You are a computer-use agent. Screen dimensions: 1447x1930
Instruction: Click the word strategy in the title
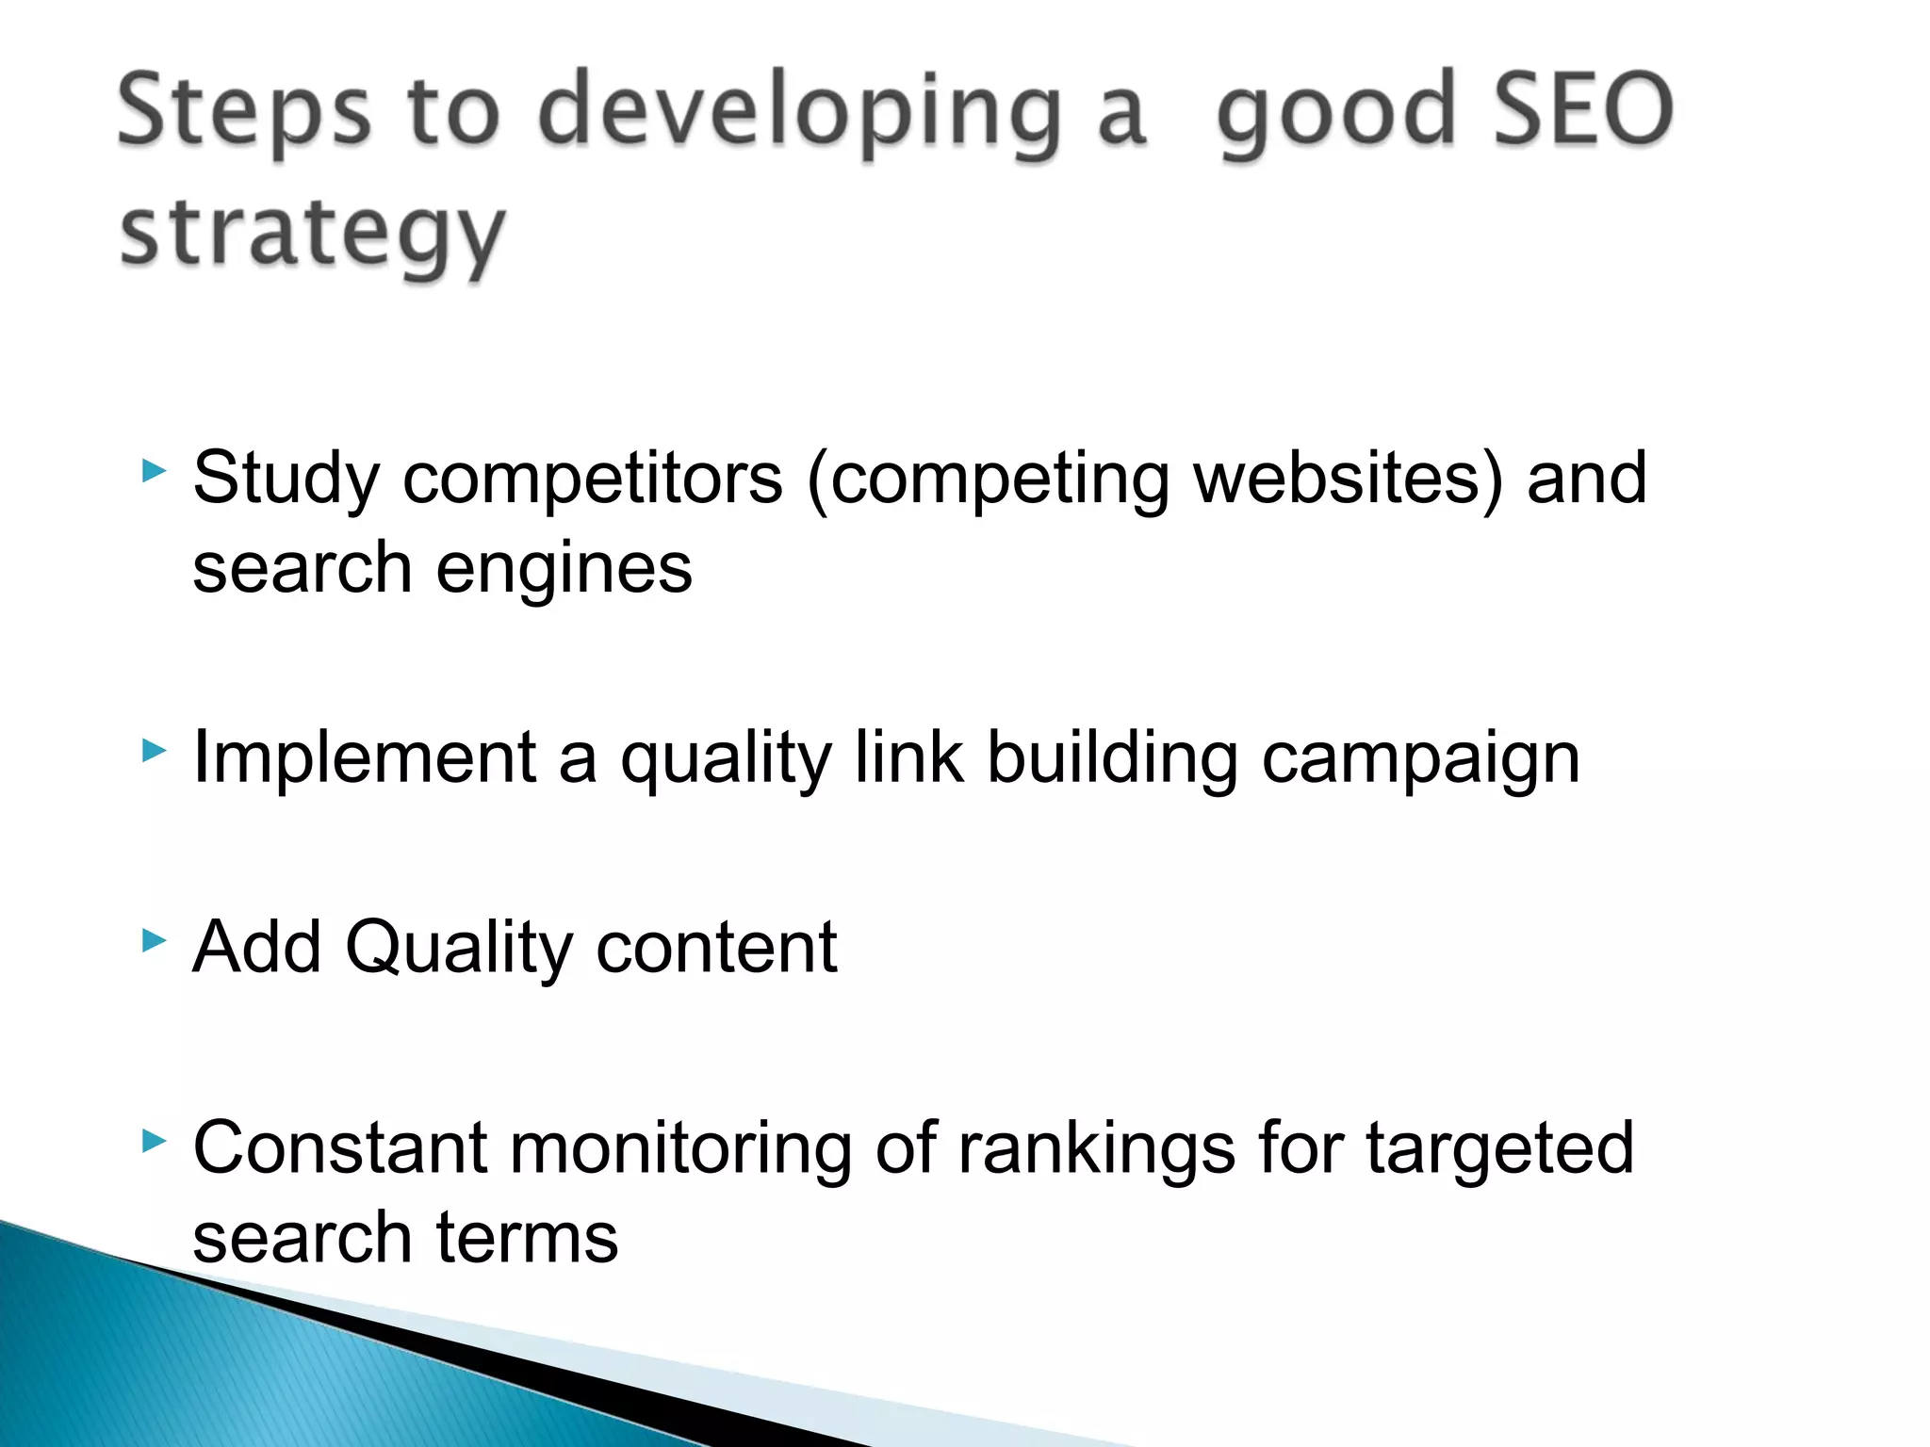pos(313,235)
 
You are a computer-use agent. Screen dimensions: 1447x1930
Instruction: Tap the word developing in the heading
pos(799,113)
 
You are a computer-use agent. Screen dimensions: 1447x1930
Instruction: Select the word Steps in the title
pos(244,113)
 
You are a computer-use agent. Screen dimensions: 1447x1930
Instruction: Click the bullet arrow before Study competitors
pos(154,471)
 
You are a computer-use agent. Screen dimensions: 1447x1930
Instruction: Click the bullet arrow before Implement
pos(154,751)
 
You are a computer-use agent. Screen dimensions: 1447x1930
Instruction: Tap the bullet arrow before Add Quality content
pos(154,939)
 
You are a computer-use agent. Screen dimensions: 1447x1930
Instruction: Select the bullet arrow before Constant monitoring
pos(154,1142)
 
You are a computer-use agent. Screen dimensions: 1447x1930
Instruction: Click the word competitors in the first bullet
pos(593,479)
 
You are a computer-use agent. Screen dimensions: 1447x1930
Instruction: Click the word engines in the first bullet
pos(564,570)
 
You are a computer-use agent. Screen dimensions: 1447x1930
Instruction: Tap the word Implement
pos(364,758)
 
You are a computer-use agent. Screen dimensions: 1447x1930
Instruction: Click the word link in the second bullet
pos(908,757)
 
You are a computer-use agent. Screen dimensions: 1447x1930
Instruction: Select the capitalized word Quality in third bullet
pos(459,948)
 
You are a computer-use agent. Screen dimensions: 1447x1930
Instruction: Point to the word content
pos(716,947)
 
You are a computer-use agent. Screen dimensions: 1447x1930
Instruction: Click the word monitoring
pos(680,1149)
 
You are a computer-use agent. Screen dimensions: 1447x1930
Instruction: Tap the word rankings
pos(1096,1149)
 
